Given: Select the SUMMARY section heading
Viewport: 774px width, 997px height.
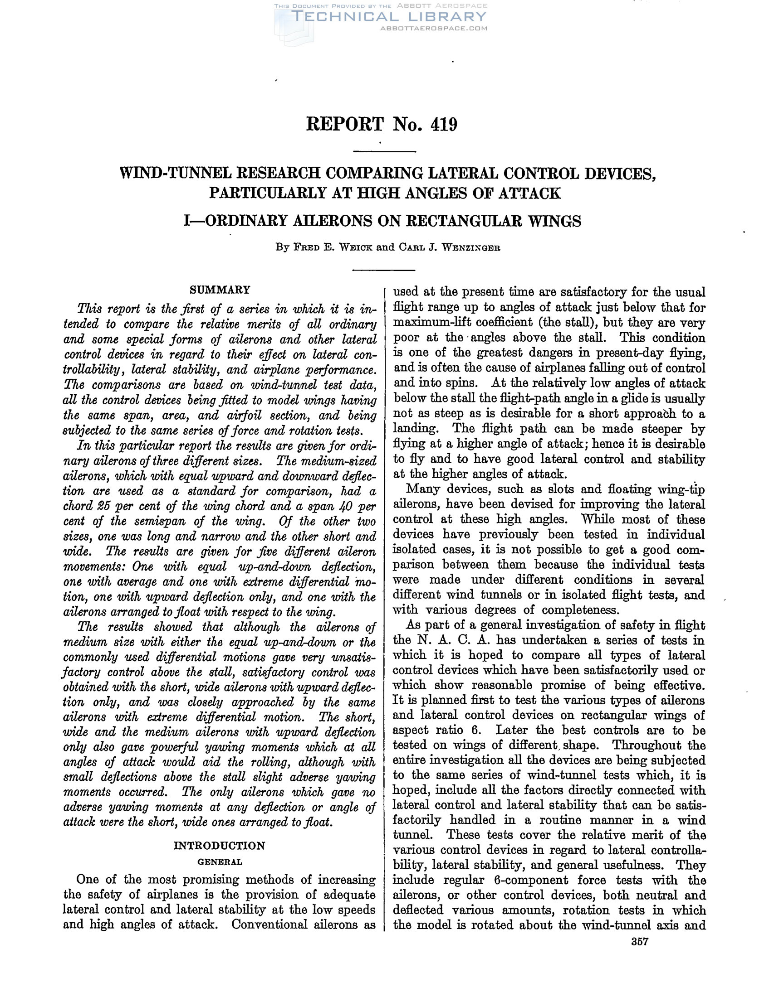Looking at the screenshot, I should coord(220,290).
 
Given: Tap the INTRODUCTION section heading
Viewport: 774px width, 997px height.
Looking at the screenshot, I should coord(219,846).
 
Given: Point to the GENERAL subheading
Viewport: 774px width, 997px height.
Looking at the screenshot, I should coord(220,862).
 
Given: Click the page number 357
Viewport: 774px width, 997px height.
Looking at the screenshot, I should coord(640,942).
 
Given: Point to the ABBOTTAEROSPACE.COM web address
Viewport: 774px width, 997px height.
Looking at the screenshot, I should coord(434,28).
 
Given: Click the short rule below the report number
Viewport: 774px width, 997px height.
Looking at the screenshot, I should coord(384,151).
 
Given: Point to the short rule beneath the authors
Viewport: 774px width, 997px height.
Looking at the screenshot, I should coord(384,270).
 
